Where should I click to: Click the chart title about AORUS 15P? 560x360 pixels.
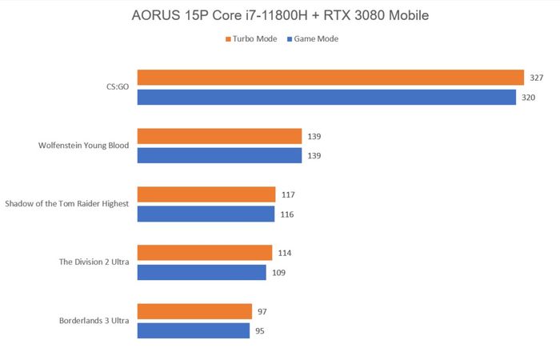click(x=280, y=15)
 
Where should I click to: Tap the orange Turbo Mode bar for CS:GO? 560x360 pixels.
click(x=330, y=78)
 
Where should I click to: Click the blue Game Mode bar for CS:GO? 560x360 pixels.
click(x=326, y=97)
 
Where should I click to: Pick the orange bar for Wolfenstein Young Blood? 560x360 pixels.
click(x=219, y=136)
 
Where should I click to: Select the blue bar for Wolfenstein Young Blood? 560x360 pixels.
click(x=219, y=155)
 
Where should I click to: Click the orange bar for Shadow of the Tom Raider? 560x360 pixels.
click(x=206, y=194)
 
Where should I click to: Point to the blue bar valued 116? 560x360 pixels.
click(x=206, y=214)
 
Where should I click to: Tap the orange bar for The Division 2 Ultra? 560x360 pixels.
click(x=205, y=253)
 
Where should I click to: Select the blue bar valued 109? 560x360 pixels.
click(x=202, y=272)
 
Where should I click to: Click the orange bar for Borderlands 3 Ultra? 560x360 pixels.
click(x=194, y=311)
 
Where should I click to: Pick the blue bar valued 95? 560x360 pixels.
click(x=194, y=330)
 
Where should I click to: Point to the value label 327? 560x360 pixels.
click(x=537, y=78)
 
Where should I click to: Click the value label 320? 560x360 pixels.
click(x=529, y=97)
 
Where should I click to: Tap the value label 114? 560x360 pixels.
click(x=285, y=253)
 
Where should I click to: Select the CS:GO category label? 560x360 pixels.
click(x=117, y=87)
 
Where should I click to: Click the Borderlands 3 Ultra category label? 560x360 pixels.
click(x=94, y=321)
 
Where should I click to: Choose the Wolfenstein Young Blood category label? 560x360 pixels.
click(x=84, y=146)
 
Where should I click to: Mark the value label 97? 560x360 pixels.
click(x=262, y=311)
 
